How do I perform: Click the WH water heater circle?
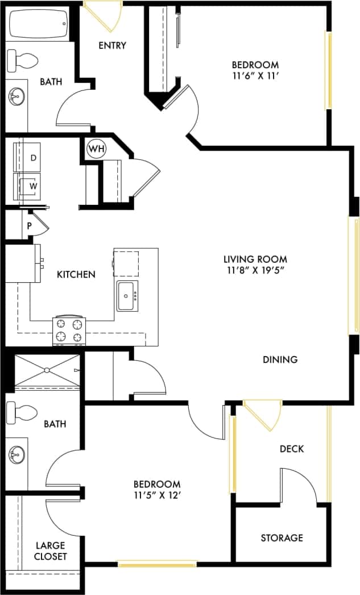[96, 149]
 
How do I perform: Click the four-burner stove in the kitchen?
[69, 330]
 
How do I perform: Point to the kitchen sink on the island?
[127, 296]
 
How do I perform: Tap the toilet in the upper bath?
[23, 59]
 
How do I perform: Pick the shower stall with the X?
[47, 370]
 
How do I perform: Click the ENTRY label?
[112, 46]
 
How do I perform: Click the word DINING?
[280, 360]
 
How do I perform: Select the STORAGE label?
[282, 538]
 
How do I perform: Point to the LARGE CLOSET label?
[51, 550]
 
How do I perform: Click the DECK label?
[292, 449]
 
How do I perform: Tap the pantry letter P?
[30, 226]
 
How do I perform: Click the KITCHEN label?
[76, 274]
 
